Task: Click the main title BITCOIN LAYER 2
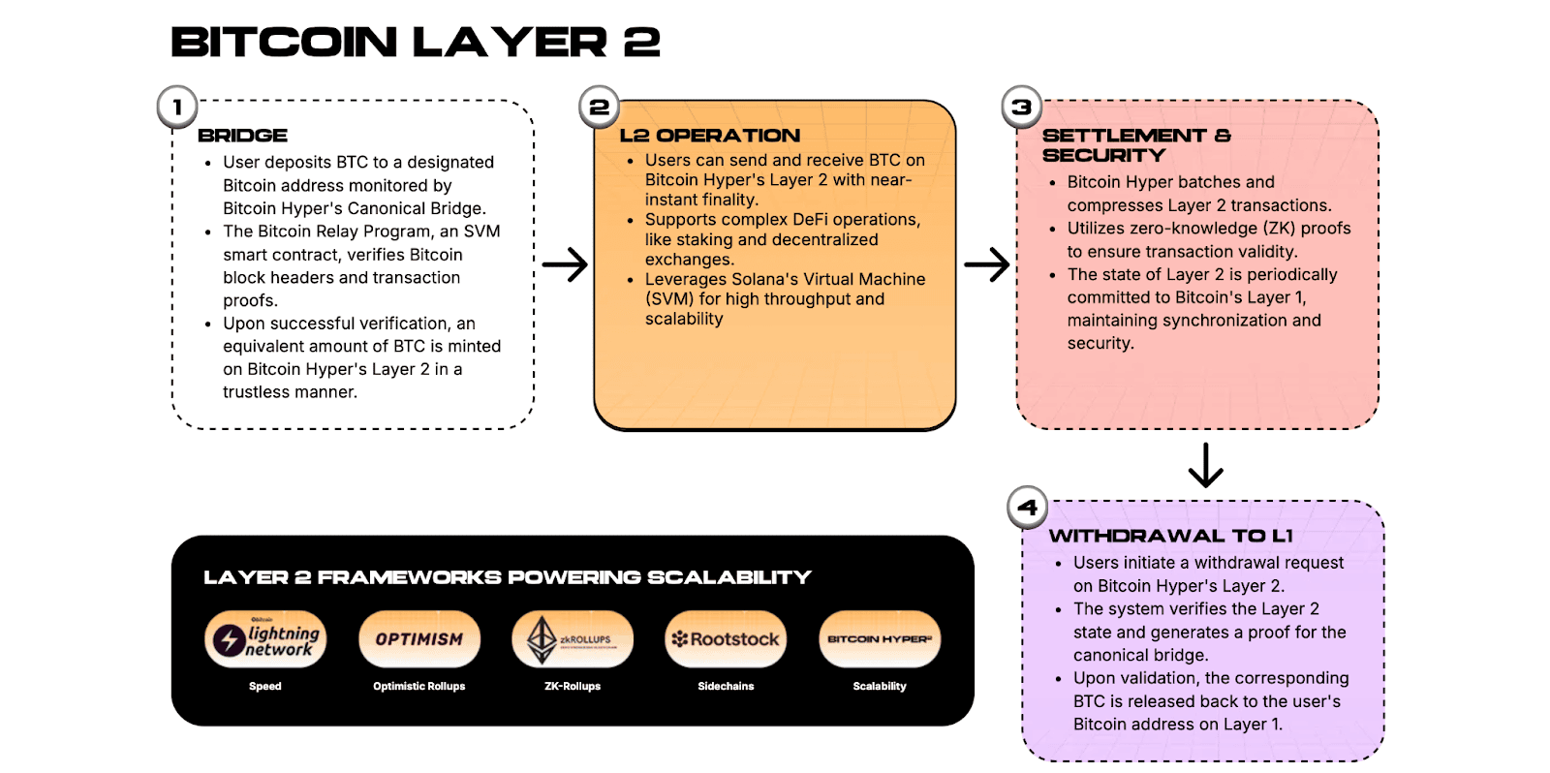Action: (416, 43)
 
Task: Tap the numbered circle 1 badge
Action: (177, 108)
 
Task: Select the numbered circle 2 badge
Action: (599, 108)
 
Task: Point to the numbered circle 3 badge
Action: (1021, 108)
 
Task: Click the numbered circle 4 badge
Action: (1027, 507)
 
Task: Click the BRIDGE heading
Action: (242, 136)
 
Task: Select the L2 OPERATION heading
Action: (710, 136)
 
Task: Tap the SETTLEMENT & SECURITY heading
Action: (1135, 145)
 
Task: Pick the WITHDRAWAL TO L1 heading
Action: (1170, 536)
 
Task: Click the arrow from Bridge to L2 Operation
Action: (565, 264)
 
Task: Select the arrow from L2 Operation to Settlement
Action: (987, 264)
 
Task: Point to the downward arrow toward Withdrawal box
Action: (1206, 465)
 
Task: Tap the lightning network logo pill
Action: (265, 639)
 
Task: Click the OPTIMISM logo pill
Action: (419, 639)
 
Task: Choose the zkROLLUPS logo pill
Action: (573, 639)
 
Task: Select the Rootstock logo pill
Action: (726, 639)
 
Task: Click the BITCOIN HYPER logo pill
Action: (880, 639)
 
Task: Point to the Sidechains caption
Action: (726, 686)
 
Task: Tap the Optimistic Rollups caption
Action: (419, 686)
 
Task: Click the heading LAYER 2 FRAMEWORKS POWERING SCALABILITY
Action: (507, 577)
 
